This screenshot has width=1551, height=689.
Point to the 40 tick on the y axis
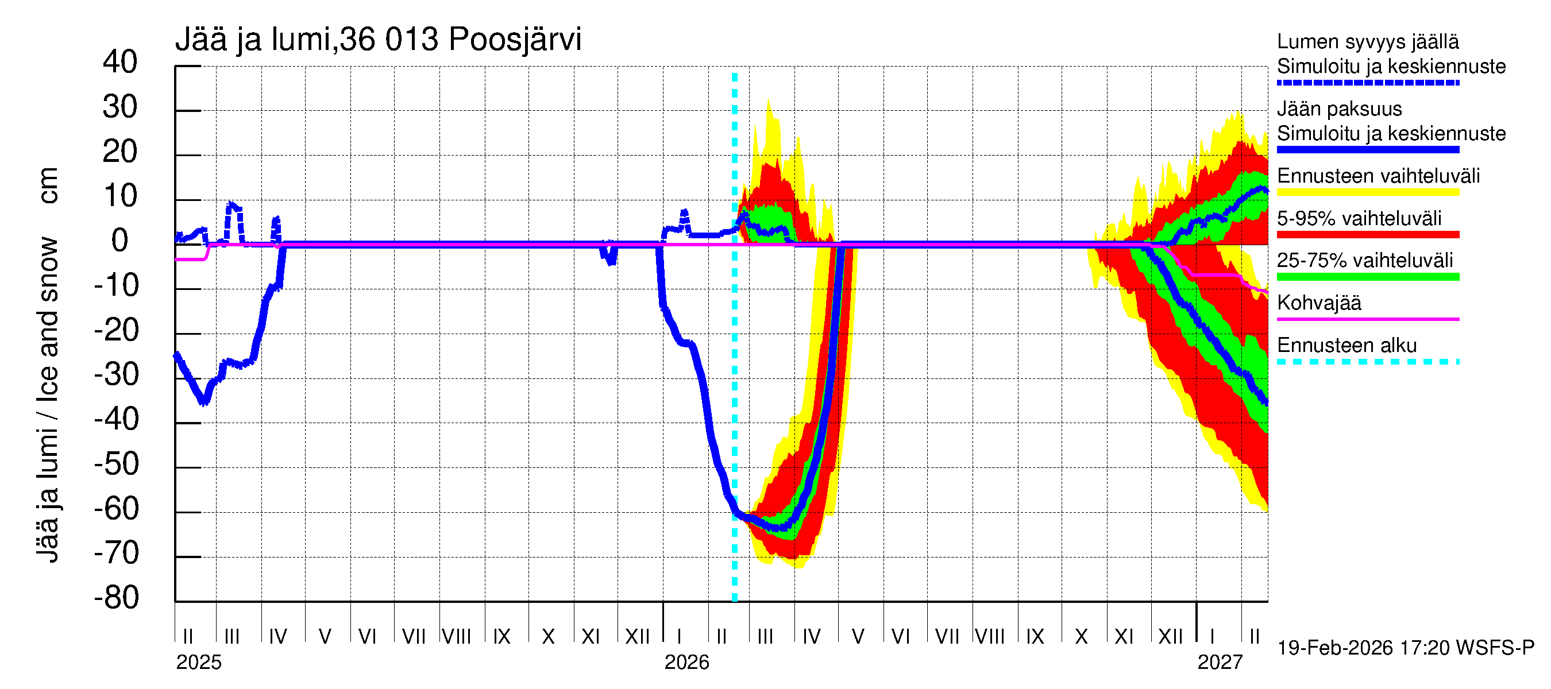[x=120, y=62]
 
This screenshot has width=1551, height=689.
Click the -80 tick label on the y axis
[x=116, y=598]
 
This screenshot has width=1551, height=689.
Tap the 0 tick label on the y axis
[x=120, y=241]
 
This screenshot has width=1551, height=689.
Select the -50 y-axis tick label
[x=116, y=464]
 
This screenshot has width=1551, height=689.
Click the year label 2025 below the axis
[x=199, y=663]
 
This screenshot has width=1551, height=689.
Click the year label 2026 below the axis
[x=686, y=663]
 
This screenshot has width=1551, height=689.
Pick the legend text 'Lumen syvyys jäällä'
[x=1368, y=42]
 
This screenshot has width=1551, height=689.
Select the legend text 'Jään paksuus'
[x=1339, y=109]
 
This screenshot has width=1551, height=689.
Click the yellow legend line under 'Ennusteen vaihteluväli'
[x=1368, y=192]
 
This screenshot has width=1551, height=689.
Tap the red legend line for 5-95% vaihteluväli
[x=1368, y=235]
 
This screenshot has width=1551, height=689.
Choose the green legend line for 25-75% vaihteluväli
[x=1368, y=277]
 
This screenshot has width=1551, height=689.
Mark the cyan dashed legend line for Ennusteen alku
[x=1368, y=362]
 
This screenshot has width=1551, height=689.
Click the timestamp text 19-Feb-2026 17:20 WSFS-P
[x=1406, y=648]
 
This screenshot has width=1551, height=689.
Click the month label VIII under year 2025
[x=456, y=637]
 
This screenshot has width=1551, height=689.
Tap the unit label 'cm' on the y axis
[x=48, y=186]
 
